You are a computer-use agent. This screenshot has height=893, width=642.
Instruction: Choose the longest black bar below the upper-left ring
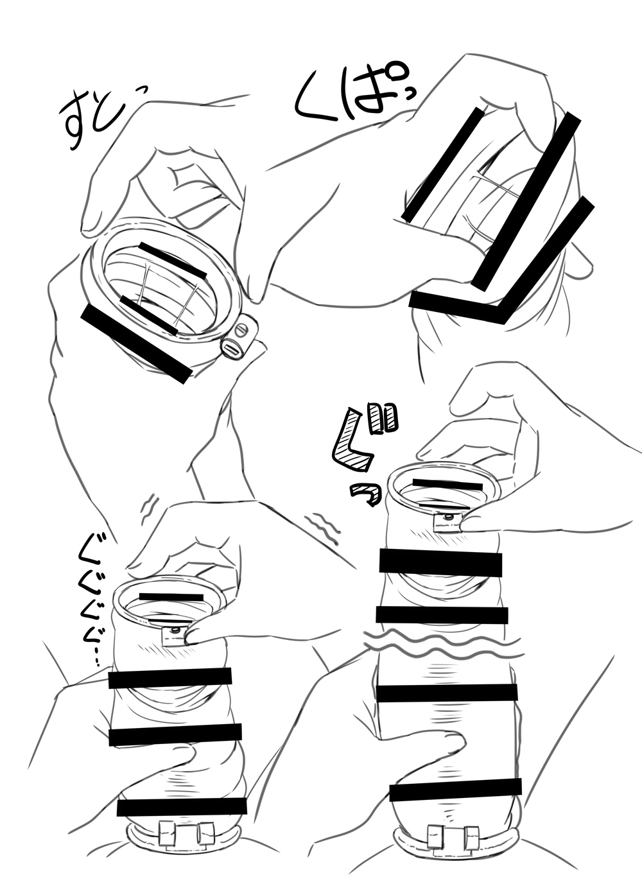(135, 345)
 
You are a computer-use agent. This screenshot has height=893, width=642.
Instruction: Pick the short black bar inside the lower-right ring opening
(447, 485)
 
